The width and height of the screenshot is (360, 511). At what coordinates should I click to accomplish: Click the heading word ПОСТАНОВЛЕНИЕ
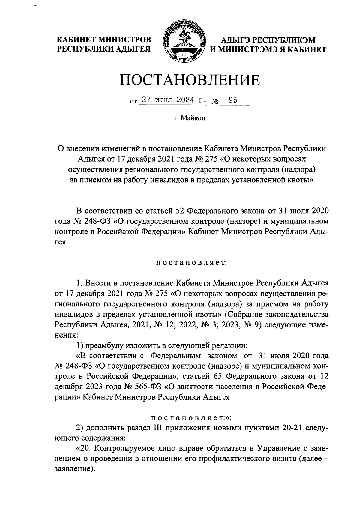click(190, 80)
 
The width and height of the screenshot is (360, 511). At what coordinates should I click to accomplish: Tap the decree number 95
click(233, 100)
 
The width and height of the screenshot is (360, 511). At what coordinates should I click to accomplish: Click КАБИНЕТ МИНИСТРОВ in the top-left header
click(104, 40)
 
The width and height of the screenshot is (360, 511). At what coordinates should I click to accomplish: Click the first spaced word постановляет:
click(192, 263)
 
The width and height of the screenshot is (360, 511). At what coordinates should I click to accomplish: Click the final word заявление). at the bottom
click(73, 470)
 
